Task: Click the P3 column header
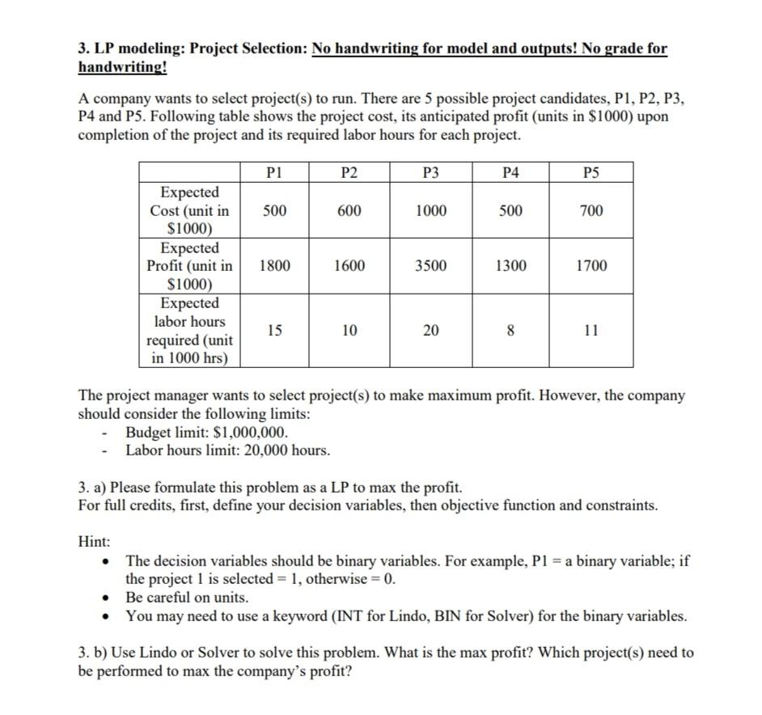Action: tap(430, 171)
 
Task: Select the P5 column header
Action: tap(591, 171)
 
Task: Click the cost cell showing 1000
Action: tap(430, 210)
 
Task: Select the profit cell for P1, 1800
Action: tap(275, 265)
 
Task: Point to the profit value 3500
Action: tap(430, 265)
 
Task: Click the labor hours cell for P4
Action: tap(511, 330)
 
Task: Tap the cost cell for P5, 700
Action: tap(591, 210)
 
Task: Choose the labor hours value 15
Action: tap(275, 330)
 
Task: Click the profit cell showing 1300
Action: tap(511, 265)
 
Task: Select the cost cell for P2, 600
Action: tap(349, 210)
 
